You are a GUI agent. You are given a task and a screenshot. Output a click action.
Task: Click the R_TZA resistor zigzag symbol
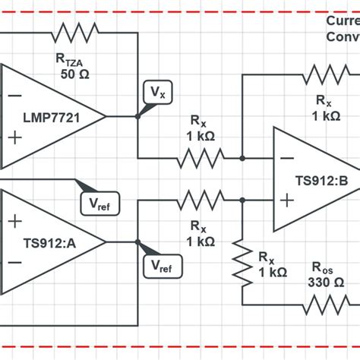click(x=74, y=33)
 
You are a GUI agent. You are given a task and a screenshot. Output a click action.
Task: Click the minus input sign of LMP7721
click(x=14, y=96)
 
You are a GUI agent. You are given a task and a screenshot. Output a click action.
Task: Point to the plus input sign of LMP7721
click(x=14, y=137)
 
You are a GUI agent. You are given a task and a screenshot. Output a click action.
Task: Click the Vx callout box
click(x=156, y=93)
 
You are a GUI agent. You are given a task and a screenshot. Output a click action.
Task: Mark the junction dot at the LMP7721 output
click(x=137, y=116)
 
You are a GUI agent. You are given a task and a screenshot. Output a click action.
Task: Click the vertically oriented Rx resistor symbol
click(x=242, y=262)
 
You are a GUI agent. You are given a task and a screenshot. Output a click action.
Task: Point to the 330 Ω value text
click(x=325, y=282)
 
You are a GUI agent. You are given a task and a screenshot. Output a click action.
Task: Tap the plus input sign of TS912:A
click(x=14, y=221)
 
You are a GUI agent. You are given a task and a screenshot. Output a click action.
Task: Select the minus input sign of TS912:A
click(x=14, y=263)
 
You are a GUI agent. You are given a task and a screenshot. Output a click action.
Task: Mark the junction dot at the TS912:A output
click(x=137, y=242)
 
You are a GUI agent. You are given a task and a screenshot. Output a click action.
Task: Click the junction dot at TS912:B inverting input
click(x=242, y=158)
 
